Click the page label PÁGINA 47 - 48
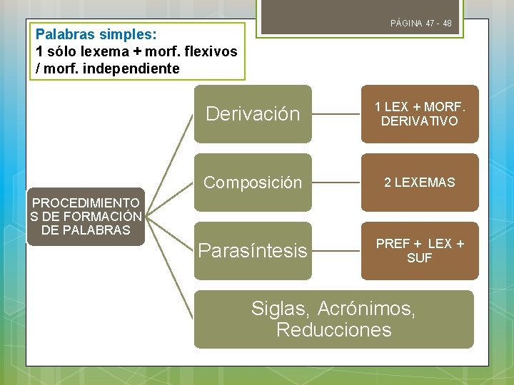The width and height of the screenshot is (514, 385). pyautogui.click(x=420, y=24)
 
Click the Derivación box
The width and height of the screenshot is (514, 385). pyautogui.click(x=253, y=114)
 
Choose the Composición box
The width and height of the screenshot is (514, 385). pyautogui.click(x=253, y=183)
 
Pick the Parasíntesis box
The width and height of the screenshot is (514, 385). pyautogui.click(x=253, y=251)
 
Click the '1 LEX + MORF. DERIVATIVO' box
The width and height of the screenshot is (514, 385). pyautogui.click(x=419, y=114)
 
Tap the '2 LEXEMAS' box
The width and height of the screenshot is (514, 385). pyautogui.click(x=419, y=183)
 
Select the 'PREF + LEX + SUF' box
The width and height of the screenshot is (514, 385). pyautogui.click(x=419, y=251)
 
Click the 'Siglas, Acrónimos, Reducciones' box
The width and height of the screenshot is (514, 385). pyautogui.click(x=333, y=319)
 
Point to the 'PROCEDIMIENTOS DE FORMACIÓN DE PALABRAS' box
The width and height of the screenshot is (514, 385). pyautogui.click(x=86, y=217)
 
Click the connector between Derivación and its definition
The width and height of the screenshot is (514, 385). pyautogui.click(x=336, y=114)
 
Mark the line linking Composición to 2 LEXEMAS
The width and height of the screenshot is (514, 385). pyautogui.click(x=336, y=183)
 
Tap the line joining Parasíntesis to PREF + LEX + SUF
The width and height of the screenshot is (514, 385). pyautogui.click(x=336, y=251)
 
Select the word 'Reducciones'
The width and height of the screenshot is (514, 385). pyautogui.click(x=333, y=330)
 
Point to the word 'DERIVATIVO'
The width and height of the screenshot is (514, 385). pyautogui.click(x=419, y=121)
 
